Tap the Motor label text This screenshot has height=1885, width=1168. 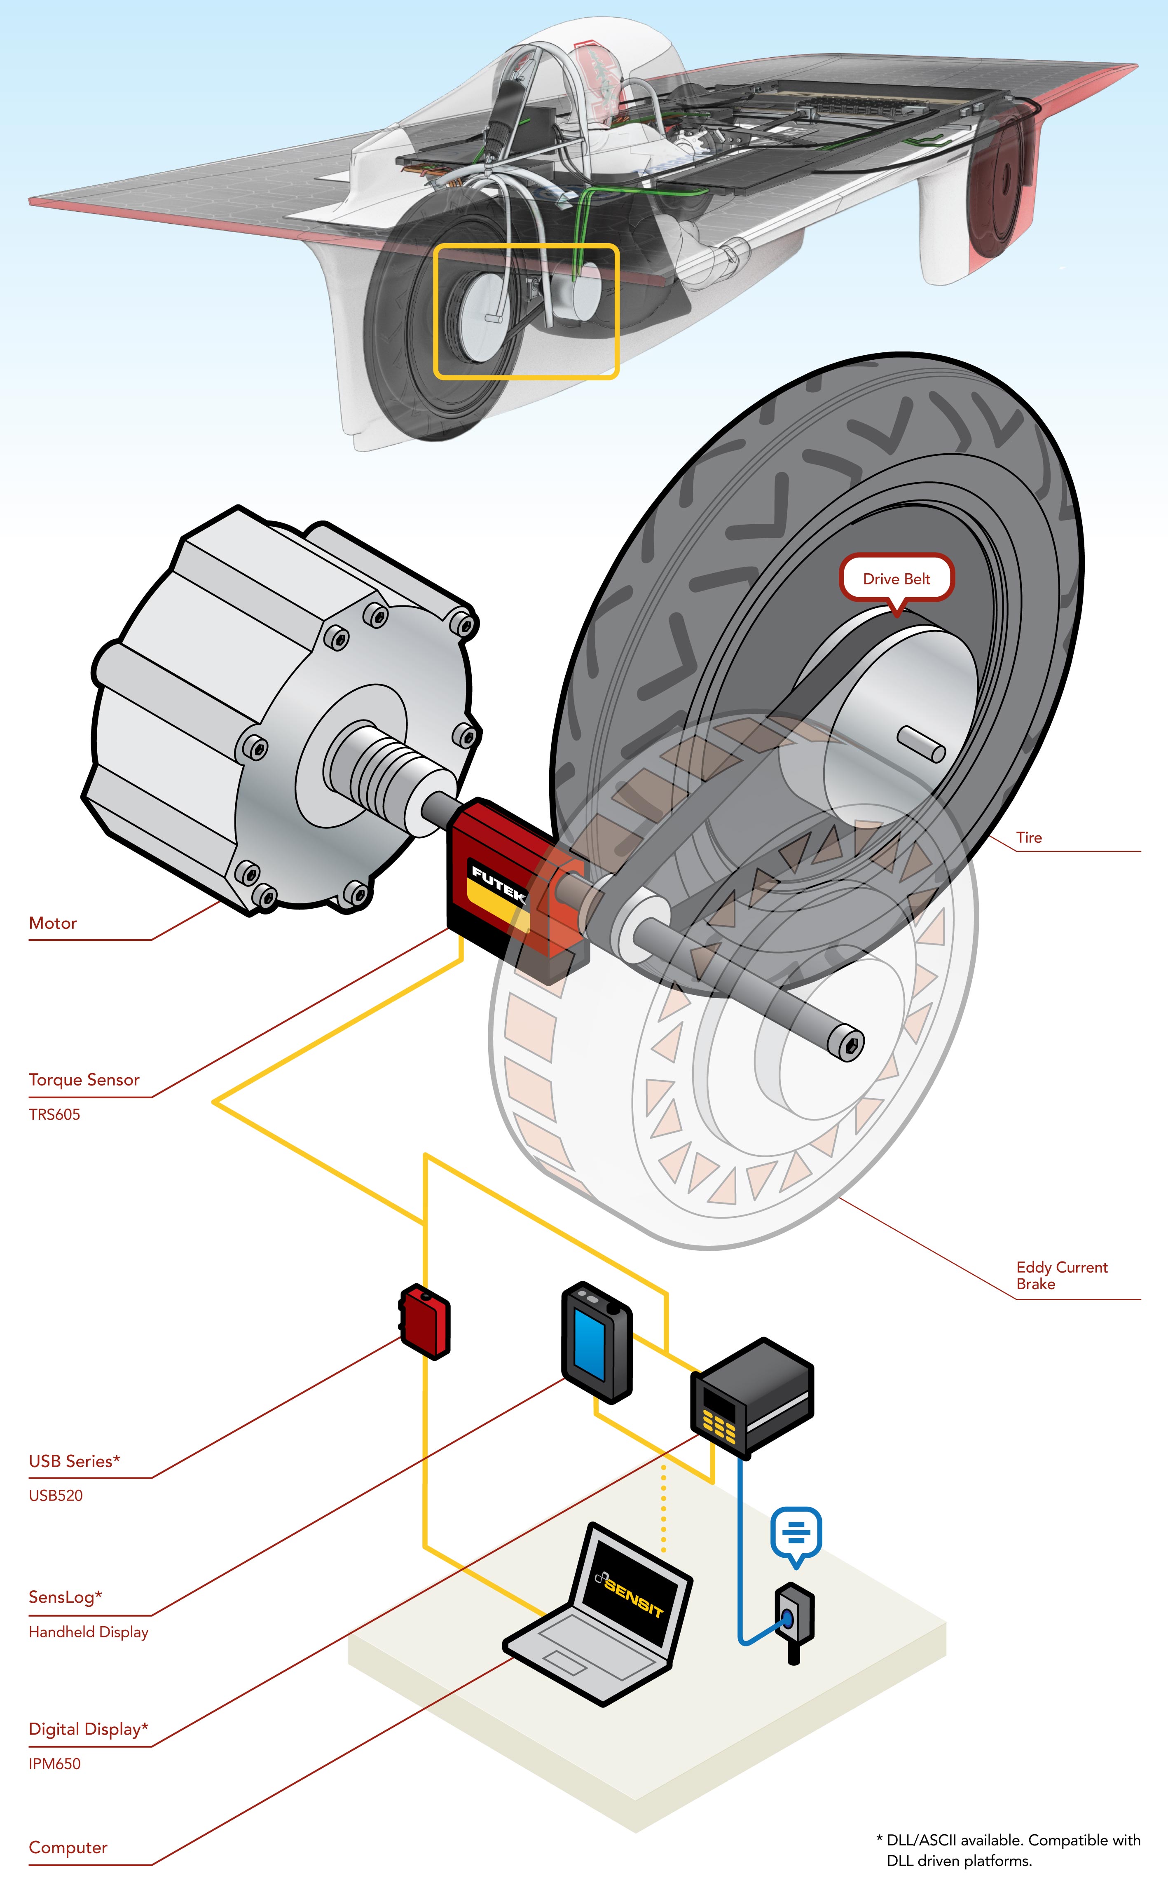point(53,923)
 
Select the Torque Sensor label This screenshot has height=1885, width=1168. point(83,1080)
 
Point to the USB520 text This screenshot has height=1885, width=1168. point(56,1496)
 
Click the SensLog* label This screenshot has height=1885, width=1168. point(65,1597)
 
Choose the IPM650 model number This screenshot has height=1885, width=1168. point(54,1764)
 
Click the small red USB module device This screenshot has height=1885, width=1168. point(425,1322)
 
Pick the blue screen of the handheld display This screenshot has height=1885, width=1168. point(590,1346)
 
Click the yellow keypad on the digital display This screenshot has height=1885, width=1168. point(719,1423)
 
